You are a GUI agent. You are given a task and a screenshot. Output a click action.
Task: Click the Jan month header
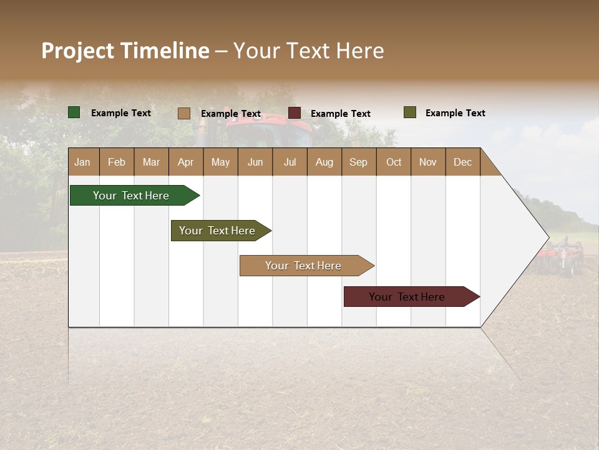pyautogui.click(x=82, y=162)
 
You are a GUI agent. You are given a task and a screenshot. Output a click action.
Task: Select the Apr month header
pyautogui.click(x=185, y=162)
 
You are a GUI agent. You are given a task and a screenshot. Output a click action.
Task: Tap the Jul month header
pyautogui.click(x=290, y=162)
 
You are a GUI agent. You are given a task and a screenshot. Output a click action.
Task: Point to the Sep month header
pyautogui.click(x=358, y=162)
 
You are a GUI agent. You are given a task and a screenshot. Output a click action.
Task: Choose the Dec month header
pyautogui.click(x=462, y=162)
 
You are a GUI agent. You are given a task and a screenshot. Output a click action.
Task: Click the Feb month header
pyautogui.click(x=117, y=162)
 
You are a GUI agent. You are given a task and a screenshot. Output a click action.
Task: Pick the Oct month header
pyautogui.click(x=394, y=162)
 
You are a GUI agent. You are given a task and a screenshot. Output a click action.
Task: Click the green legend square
pyautogui.click(x=74, y=112)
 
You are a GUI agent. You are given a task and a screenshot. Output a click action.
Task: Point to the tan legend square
pyautogui.click(x=184, y=113)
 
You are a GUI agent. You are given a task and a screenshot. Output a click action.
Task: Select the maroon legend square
pyautogui.click(x=295, y=113)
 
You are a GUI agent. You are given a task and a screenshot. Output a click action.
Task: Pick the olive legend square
pyautogui.click(x=410, y=112)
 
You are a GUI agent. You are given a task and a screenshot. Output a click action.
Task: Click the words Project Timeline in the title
pyautogui.click(x=125, y=51)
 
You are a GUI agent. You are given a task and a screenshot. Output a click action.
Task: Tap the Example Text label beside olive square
pyautogui.click(x=455, y=113)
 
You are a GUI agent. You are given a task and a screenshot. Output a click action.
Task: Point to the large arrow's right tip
pyautogui.click(x=547, y=237)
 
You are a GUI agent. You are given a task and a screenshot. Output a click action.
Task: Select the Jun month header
pyautogui.click(x=255, y=162)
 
